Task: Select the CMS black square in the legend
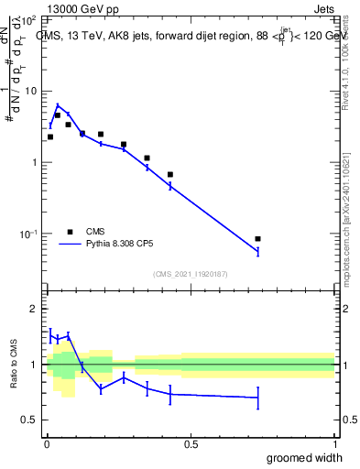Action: (x=70, y=232)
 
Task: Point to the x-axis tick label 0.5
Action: (x=191, y=444)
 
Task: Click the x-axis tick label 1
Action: (x=334, y=444)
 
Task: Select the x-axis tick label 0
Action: (x=47, y=444)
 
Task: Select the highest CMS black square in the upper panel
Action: (x=57, y=115)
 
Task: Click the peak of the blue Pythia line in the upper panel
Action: (x=57, y=105)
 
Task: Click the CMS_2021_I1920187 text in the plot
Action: (x=191, y=273)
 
